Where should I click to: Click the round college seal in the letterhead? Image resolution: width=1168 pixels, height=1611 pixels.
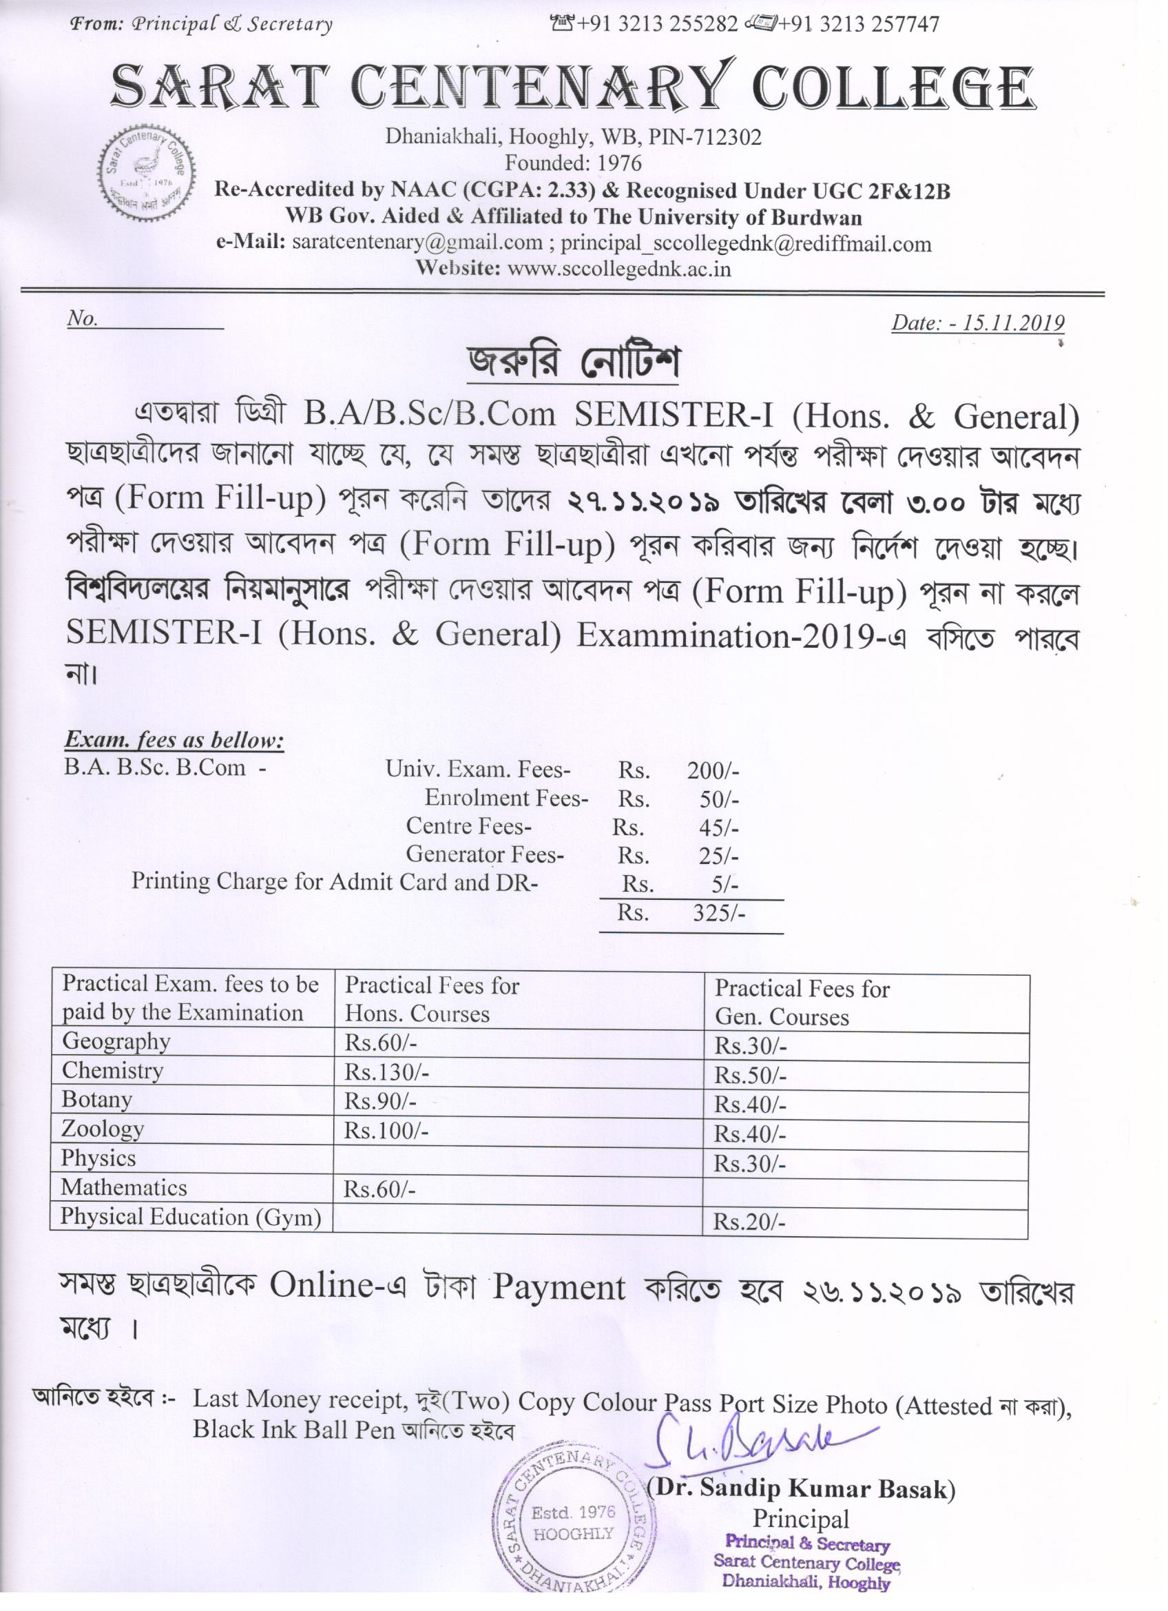coord(147,172)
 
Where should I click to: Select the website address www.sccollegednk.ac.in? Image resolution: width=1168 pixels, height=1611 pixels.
coord(619,269)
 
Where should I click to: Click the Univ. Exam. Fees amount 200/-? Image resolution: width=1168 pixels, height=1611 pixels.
coord(712,770)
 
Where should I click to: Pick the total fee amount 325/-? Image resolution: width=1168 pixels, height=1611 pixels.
coord(718,913)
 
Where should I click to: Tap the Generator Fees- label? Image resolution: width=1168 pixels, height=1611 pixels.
coord(484,854)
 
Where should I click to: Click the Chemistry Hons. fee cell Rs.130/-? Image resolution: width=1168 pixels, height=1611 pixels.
coord(386,1072)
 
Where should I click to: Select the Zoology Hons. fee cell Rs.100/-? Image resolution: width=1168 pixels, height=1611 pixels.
coord(386,1130)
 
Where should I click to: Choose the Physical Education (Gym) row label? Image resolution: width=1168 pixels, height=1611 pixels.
coord(190,1217)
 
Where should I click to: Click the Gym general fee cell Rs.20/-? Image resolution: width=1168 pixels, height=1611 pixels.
coord(749,1222)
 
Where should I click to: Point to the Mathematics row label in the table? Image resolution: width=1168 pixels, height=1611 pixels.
coord(123,1187)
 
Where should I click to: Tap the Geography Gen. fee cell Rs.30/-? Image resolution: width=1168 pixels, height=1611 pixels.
coord(750,1046)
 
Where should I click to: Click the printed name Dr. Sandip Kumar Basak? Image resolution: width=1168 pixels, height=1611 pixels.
coord(802,1489)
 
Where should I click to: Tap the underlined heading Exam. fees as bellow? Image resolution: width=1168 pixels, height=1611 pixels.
coord(174,740)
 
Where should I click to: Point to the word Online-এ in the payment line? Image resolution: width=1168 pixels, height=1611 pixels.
coord(337,1285)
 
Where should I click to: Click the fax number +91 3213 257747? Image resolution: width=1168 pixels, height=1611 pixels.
coord(857,24)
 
